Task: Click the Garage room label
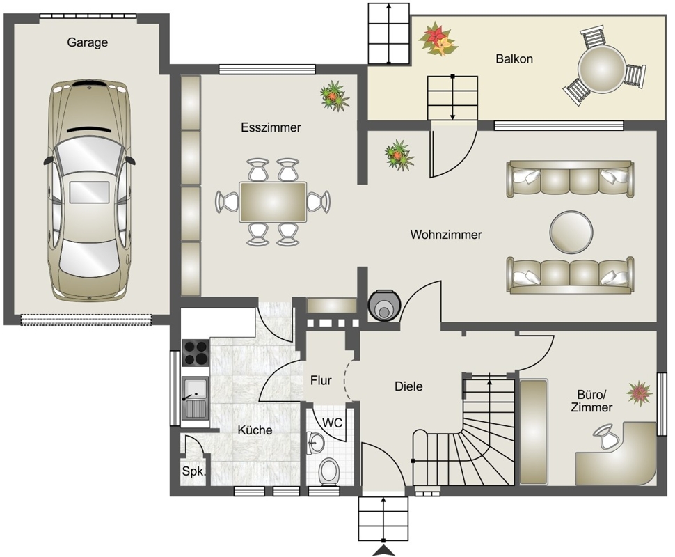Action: pyautogui.click(x=88, y=42)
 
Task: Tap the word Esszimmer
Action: pyautogui.click(x=271, y=127)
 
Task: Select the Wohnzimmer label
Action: pyautogui.click(x=446, y=235)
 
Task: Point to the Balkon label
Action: pyautogui.click(x=514, y=58)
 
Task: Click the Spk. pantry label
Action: pyautogui.click(x=193, y=471)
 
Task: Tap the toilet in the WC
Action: pyautogui.click(x=329, y=471)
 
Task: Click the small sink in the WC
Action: pyautogui.click(x=315, y=442)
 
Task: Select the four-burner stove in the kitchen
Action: pyautogui.click(x=196, y=353)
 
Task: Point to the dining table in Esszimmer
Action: pyautogui.click(x=273, y=202)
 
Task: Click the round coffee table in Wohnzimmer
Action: pyautogui.click(x=571, y=232)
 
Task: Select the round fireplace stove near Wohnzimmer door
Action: pyautogui.click(x=384, y=305)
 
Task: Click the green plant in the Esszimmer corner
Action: pyautogui.click(x=335, y=96)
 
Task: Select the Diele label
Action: pyautogui.click(x=408, y=386)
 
